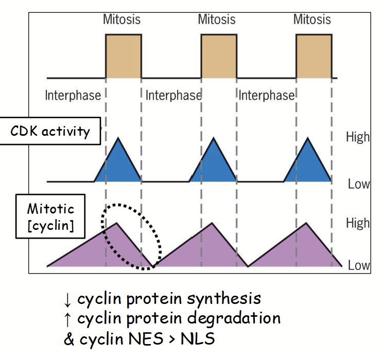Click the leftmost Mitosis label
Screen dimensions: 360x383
[x=121, y=20]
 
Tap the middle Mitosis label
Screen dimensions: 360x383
[x=217, y=20]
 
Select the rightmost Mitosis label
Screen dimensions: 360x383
[x=312, y=20]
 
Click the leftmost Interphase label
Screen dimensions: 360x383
[x=73, y=96]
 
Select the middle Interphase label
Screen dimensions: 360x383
[x=173, y=96]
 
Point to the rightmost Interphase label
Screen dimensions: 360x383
[x=267, y=96]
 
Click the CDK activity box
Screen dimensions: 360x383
[x=50, y=131]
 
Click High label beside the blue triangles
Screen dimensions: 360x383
[x=358, y=137]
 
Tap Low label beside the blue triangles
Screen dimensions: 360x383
[x=358, y=184]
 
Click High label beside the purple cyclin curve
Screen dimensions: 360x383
[x=358, y=223]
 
